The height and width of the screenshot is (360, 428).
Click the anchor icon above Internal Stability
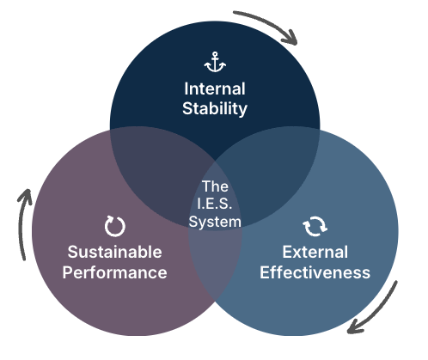click(214, 62)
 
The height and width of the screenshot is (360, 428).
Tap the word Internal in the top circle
click(214, 88)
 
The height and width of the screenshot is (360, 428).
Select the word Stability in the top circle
click(214, 108)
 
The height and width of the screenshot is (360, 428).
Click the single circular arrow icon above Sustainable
click(114, 226)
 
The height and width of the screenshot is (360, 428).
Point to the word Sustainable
click(114, 253)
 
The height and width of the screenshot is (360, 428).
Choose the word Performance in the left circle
click(114, 272)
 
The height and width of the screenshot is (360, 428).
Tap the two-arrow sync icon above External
click(315, 226)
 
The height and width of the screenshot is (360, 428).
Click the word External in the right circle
click(315, 253)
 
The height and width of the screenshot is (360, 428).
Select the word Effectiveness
click(315, 272)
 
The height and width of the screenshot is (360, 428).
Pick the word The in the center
click(215, 186)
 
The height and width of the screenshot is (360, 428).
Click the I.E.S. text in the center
click(215, 203)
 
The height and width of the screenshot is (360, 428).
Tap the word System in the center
click(215, 220)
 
